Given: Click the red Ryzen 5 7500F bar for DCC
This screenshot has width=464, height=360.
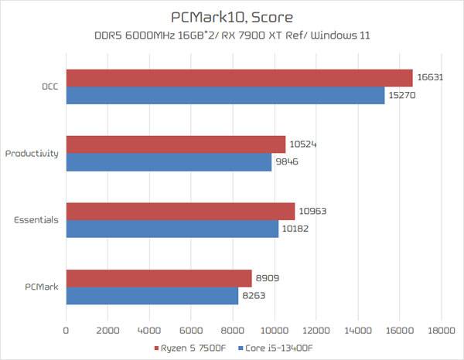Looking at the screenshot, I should (240, 78).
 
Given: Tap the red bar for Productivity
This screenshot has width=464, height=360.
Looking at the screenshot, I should (176, 144).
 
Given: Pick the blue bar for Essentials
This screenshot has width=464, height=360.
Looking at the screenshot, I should (172, 229).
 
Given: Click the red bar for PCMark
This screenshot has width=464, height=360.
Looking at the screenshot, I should (159, 278).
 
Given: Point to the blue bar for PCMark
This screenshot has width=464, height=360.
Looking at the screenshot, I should (152, 295).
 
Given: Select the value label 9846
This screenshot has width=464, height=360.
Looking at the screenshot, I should (286, 161).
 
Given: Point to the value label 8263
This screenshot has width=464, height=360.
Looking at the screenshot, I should (253, 295).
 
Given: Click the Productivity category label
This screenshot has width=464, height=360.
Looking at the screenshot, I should (32, 153).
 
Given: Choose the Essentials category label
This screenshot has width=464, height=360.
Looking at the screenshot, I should (36, 219).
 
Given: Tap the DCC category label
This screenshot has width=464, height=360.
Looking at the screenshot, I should (49, 87).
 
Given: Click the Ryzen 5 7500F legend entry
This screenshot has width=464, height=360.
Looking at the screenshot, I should (192, 348).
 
